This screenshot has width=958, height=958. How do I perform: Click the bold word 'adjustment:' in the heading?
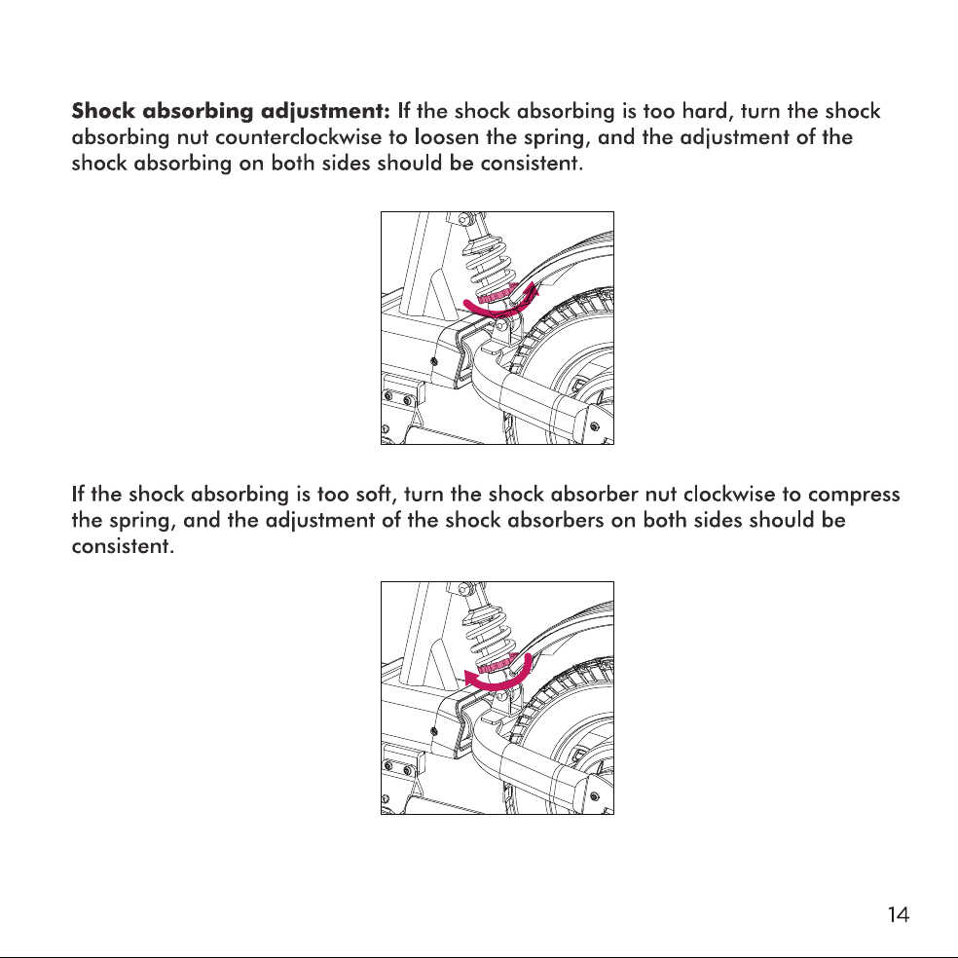325,112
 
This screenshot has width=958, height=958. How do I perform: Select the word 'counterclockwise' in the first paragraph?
298,137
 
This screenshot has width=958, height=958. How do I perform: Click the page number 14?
898,914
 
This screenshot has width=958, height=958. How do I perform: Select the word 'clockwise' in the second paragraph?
729,494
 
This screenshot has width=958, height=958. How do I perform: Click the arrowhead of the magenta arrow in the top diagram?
533,288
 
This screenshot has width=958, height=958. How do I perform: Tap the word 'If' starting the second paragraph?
78,494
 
